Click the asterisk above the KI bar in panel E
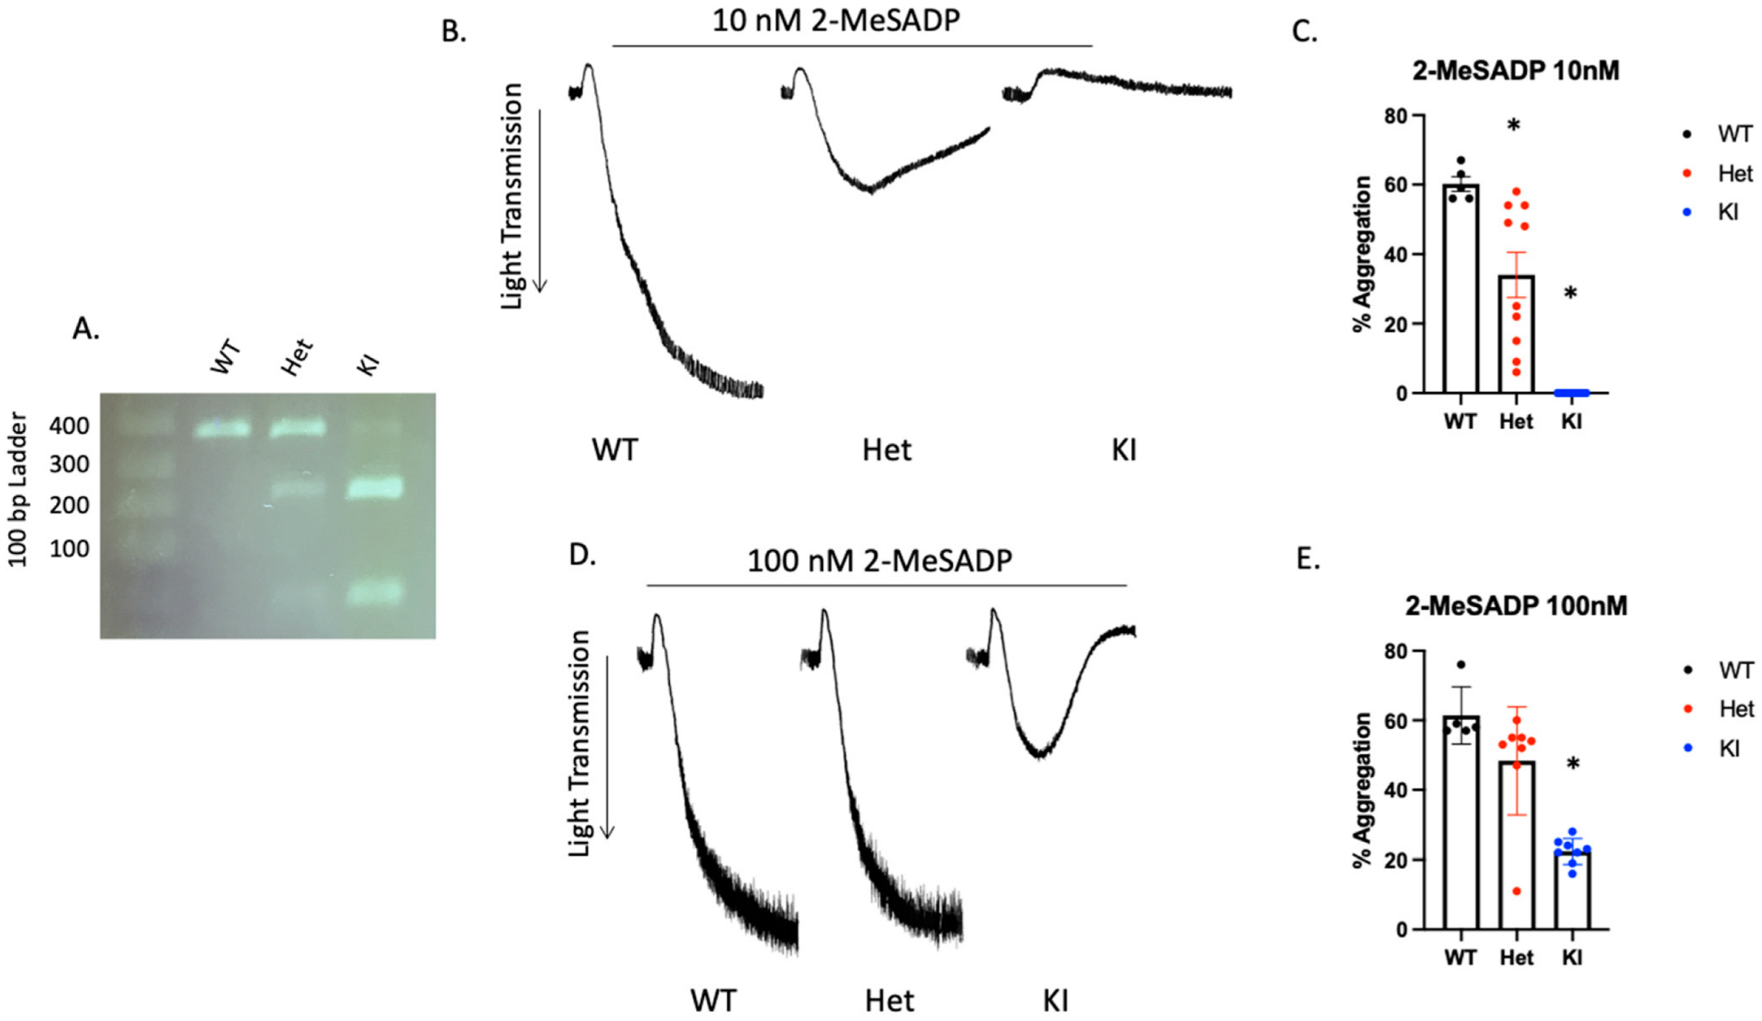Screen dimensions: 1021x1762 [1573, 764]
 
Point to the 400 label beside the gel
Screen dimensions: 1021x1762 [69, 426]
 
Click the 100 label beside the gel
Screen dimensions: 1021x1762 [69, 549]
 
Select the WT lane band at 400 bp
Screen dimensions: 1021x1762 [223, 429]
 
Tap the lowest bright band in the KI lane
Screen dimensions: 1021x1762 [375, 593]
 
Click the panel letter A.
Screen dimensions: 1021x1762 [85, 329]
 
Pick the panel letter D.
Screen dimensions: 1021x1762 [582, 555]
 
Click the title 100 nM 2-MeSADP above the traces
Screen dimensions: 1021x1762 [879, 561]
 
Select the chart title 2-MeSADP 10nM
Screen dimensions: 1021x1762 [1515, 71]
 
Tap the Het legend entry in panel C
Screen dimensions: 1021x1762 [1734, 174]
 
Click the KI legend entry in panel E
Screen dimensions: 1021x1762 [1728, 748]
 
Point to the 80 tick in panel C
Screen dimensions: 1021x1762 [1396, 116]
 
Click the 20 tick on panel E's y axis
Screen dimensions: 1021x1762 [1396, 860]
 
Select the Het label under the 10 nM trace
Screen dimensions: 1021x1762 [887, 450]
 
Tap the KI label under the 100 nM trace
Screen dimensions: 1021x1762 [1055, 1001]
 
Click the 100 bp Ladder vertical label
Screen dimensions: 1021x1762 [18, 489]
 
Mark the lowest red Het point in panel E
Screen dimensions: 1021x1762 [1516, 891]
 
